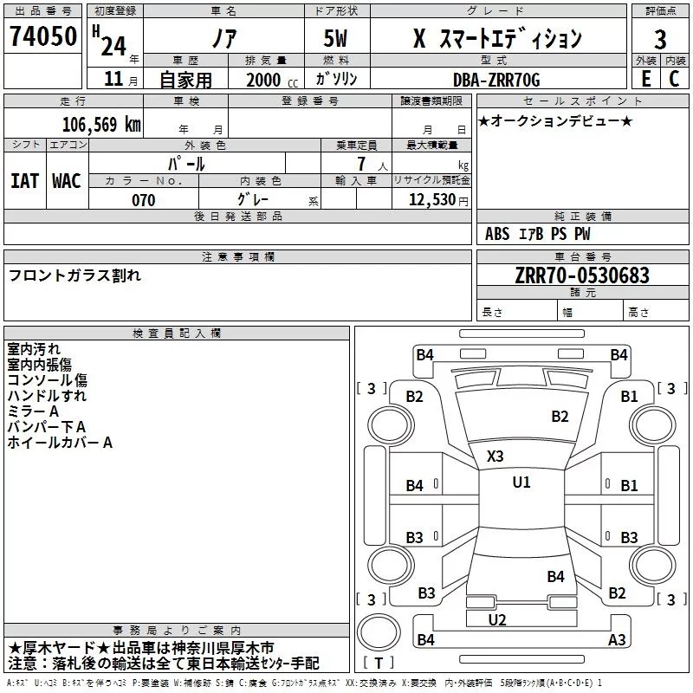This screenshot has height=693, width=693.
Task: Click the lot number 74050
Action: pyautogui.click(x=43, y=36)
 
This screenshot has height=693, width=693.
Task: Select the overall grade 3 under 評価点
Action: pyautogui.click(x=660, y=39)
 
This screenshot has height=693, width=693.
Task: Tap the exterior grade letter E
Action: pyautogui.click(x=645, y=79)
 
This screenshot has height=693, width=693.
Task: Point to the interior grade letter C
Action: pyautogui.click(x=674, y=79)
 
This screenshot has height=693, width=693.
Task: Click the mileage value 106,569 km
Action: pyautogui.click(x=101, y=125)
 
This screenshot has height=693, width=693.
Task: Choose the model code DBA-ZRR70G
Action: pyautogui.click(x=496, y=80)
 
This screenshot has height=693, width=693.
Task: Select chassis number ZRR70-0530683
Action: pyautogui.click(x=582, y=275)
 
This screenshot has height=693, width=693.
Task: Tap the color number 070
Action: pyautogui.click(x=144, y=200)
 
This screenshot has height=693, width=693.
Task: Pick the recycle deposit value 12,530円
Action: pyautogui.click(x=438, y=200)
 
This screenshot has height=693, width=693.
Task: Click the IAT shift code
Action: pyautogui.click(x=25, y=181)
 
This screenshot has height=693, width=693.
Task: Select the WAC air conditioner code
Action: pyautogui.click(x=67, y=181)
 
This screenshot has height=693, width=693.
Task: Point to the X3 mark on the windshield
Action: pyautogui.click(x=495, y=457)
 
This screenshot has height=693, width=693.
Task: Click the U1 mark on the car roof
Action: pyautogui.click(x=521, y=483)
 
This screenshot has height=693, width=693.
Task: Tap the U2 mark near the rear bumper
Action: pyautogui.click(x=497, y=620)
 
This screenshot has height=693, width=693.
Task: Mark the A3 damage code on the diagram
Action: pyautogui.click(x=617, y=639)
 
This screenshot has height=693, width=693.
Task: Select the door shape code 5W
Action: pyautogui.click(x=335, y=38)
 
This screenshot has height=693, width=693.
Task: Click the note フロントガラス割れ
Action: pyautogui.click(x=74, y=275)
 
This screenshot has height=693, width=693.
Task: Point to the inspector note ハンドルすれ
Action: pyautogui.click(x=47, y=396)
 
